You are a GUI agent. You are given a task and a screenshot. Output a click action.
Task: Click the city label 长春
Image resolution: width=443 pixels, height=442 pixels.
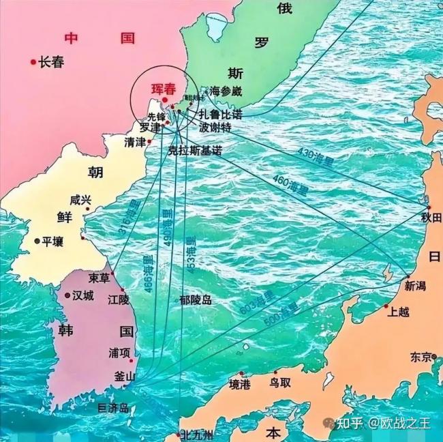click(51, 62)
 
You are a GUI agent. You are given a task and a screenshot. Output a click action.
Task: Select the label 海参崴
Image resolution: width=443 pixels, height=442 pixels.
click(226, 91)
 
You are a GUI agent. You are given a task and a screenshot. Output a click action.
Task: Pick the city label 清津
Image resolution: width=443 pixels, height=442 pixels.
click(135, 143)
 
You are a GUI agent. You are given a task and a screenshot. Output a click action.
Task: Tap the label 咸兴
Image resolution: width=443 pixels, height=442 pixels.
click(80, 200)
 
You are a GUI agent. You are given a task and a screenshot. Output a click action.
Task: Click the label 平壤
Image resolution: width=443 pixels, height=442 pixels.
click(52, 241)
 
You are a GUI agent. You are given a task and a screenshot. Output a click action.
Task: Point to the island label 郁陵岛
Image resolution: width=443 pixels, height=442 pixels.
click(196, 299)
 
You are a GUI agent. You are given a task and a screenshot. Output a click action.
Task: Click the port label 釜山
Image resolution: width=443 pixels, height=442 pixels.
click(124, 377)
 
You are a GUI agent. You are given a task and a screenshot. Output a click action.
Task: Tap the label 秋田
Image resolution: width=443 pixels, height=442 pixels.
click(431, 218)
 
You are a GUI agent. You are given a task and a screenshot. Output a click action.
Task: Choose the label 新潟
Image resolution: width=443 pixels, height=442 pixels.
click(417, 286)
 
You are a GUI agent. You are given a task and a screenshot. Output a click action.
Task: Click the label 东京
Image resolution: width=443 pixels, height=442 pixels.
click(421, 357)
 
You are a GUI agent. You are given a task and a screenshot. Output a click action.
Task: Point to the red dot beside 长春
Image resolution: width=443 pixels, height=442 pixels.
click(32, 62)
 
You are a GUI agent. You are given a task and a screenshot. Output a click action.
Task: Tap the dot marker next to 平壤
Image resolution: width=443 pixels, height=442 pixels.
click(37, 241)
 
